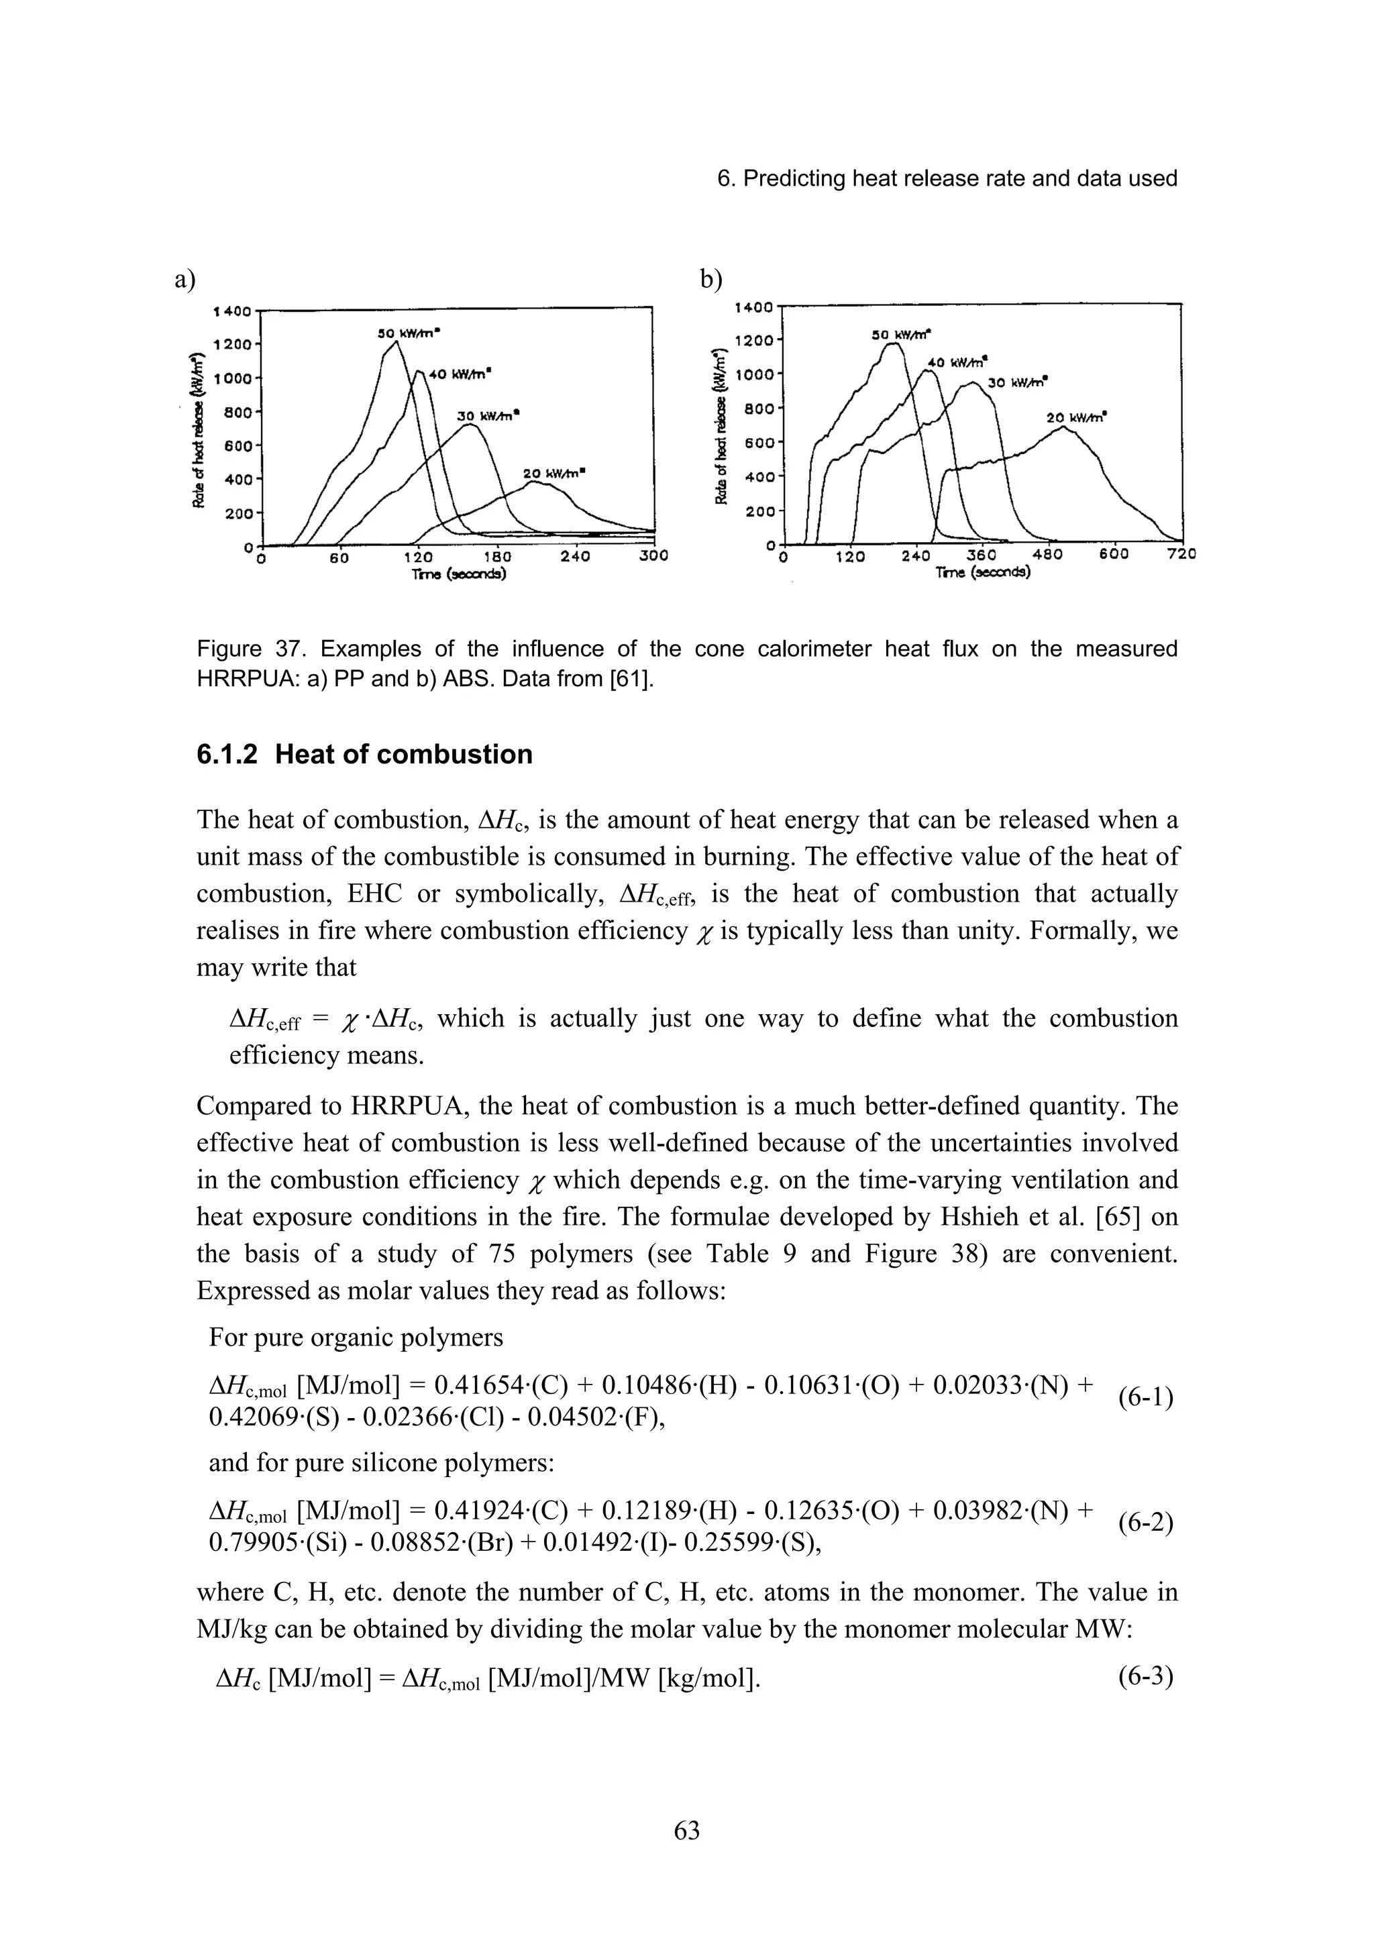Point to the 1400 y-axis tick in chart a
(x=232, y=311)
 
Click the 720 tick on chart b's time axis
(x=1181, y=555)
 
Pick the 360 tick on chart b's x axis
(x=981, y=555)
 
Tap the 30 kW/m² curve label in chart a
(x=488, y=416)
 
